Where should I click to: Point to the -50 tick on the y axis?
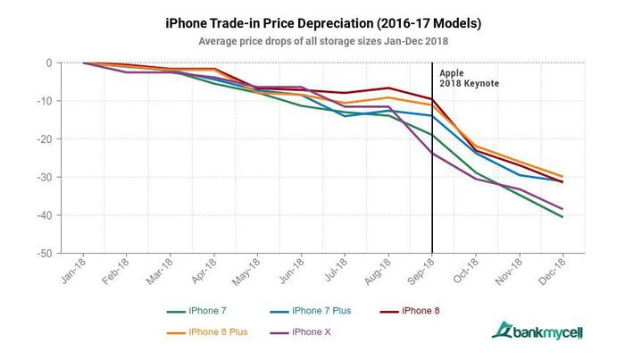tap(45, 254)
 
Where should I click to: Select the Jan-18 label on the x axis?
tap(74, 272)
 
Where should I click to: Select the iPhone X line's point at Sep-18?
tap(433, 153)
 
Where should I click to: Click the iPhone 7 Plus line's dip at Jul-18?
tap(346, 116)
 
